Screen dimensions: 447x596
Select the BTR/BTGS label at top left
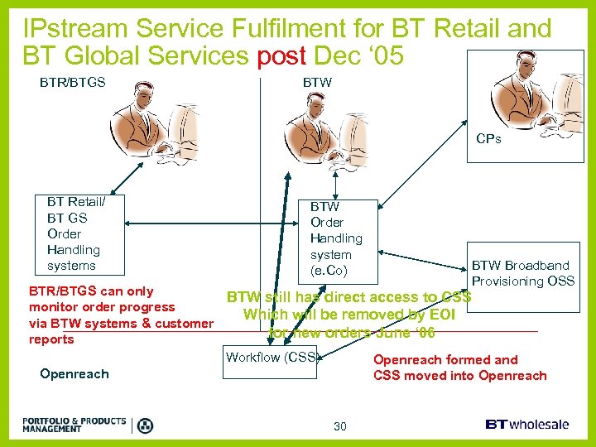click(x=73, y=83)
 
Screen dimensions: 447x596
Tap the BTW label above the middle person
click(x=317, y=83)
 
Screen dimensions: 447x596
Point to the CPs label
click(x=488, y=139)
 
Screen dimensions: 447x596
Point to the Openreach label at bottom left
click(x=74, y=374)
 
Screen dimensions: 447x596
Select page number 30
click(x=339, y=426)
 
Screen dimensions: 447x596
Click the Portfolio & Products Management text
click(x=74, y=425)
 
